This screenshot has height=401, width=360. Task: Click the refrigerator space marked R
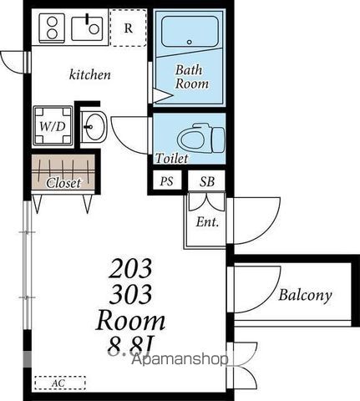(x=128, y=28)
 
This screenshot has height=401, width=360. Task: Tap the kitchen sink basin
(x=87, y=28)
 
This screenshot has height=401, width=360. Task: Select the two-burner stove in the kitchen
(x=52, y=28)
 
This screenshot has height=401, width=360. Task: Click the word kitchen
(x=89, y=74)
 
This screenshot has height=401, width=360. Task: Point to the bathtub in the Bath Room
(x=190, y=32)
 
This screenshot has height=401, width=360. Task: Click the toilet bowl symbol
(x=201, y=138)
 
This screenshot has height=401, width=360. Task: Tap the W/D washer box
(x=53, y=126)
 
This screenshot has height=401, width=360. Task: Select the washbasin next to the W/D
(x=94, y=127)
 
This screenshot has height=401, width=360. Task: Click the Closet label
(x=63, y=183)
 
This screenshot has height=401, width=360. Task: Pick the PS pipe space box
(x=166, y=181)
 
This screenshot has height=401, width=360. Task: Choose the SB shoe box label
(x=207, y=181)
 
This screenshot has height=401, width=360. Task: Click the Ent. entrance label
(x=207, y=222)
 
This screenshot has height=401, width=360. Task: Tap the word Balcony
(x=305, y=296)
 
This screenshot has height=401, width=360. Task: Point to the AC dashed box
(x=60, y=383)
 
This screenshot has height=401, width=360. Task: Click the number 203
(x=130, y=268)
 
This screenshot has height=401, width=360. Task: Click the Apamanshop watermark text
(x=180, y=359)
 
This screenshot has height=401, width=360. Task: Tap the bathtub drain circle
(x=190, y=43)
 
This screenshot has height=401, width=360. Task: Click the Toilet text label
(x=172, y=158)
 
